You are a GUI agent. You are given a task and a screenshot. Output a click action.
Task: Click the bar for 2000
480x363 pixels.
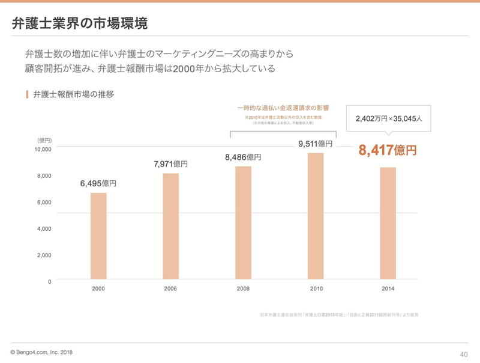(x=98, y=237)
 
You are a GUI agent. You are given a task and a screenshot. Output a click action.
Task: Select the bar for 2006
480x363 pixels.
(x=170, y=227)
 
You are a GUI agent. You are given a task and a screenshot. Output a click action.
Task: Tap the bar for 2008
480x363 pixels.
(x=242, y=224)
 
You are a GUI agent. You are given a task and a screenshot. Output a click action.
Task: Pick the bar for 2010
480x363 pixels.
(x=316, y=217)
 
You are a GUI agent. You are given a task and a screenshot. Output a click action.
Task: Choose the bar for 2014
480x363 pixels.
(x=388, y=224)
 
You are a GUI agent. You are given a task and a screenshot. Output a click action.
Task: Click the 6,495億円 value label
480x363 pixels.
(x=98, y=183)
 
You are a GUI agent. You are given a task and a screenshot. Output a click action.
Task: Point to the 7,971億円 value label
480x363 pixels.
(x=171, y=163)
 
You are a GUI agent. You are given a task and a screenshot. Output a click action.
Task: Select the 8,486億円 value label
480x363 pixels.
(x=243, y=157)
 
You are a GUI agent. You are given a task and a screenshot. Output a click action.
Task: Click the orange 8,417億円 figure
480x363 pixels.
(x=388, y=150)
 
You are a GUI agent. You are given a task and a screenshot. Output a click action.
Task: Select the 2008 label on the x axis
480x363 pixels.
(x=243, y=289)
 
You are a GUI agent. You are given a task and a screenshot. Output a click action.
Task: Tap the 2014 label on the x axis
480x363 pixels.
(x=388, y=289)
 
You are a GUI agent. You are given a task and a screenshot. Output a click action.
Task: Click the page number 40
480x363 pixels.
(x=463, y=353)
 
